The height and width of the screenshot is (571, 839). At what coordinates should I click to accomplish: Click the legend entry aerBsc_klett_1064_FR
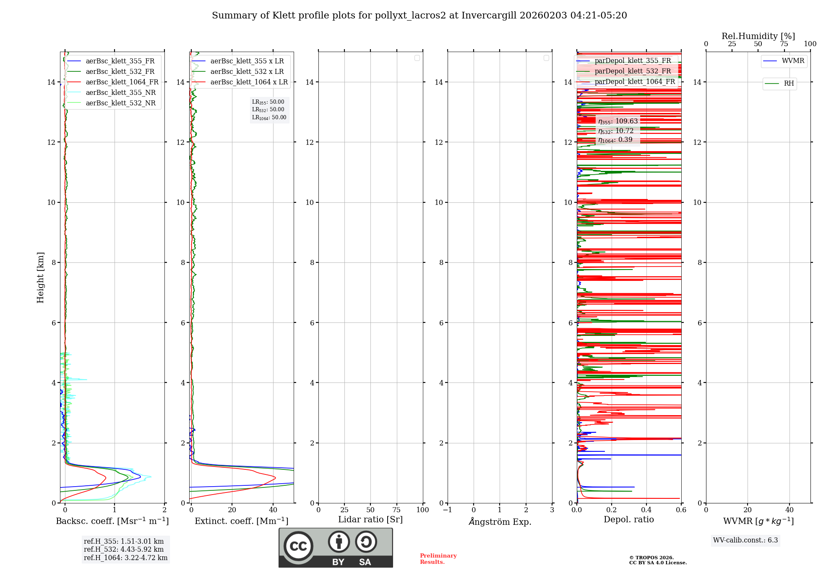122,82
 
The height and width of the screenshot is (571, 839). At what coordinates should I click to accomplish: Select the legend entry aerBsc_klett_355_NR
120,93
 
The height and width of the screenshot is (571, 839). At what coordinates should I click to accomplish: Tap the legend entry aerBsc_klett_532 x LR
247,72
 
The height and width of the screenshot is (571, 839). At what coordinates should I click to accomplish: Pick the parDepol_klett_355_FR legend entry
633,61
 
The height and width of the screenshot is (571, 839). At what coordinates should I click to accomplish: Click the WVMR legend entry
793,61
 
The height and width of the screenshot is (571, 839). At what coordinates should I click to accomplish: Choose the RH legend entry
789,84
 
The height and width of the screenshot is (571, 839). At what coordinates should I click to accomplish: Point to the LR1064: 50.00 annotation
269,118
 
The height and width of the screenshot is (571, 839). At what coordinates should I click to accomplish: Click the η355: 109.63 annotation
618,121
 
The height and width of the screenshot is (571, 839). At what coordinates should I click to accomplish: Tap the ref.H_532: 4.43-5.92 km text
124,549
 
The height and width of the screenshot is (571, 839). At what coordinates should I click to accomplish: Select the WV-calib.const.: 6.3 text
745,540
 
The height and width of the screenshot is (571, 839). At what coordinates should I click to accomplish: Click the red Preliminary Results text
438,559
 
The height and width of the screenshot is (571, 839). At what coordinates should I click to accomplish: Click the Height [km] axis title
40,278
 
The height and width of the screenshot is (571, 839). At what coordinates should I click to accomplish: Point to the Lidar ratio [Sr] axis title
370,520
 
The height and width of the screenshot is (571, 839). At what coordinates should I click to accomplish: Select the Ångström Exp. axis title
500,522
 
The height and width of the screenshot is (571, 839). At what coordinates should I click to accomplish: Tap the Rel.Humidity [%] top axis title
758,36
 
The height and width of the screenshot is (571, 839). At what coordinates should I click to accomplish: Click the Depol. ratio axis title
628,520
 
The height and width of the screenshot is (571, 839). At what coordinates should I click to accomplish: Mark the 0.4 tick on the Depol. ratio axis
646,510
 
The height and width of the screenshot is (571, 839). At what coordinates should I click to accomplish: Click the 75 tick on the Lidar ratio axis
396,510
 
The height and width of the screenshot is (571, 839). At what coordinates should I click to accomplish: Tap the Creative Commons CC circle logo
298,546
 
